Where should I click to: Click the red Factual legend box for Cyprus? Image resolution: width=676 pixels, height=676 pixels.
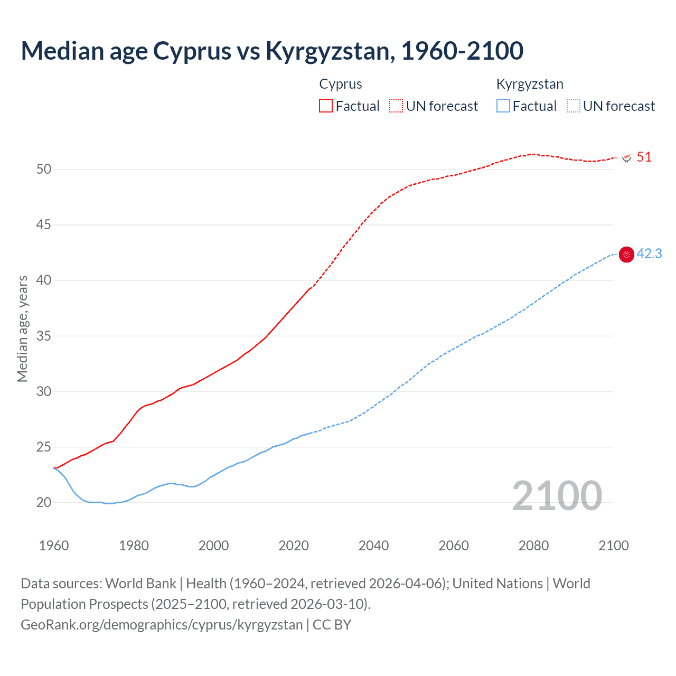pos(326,106)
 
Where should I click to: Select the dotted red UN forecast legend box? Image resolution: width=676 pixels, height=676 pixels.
pos(396,106)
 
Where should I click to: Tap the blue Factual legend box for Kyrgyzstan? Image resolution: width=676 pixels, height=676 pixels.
pos(503,106)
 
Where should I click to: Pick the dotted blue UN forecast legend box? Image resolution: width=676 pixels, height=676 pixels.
pos(574,106)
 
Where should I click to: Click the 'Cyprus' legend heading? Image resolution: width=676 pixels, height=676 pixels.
pos(341,84)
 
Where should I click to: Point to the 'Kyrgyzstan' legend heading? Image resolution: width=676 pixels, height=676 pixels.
pos(530,84)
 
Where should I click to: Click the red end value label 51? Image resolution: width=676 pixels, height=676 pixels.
pos(644,157)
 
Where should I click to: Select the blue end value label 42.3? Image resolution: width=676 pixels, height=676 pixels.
pos(649,254)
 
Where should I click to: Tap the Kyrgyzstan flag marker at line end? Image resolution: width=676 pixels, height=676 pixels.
pos(626,255)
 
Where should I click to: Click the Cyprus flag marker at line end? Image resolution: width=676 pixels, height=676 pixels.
pos(627,158)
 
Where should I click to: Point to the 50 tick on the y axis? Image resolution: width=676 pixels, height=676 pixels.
pos(44,169)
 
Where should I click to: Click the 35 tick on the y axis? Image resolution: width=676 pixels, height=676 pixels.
pos(44,336)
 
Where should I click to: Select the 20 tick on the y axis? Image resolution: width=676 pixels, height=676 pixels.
pos(44,503)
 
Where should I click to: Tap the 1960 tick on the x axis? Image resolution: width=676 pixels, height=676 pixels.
pos(54,546)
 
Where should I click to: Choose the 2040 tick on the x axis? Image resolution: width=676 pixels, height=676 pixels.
pos(373,546)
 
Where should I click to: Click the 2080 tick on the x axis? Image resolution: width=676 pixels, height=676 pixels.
pos(533,546)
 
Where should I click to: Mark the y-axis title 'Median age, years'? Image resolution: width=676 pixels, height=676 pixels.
pos(22,328)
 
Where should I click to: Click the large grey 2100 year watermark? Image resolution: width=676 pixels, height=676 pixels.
pos(557,495)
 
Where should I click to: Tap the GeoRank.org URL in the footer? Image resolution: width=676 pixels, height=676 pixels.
pos(162,625)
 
